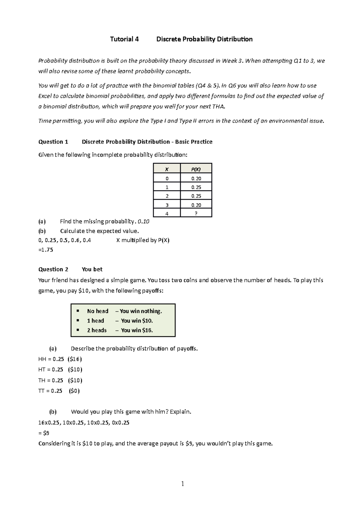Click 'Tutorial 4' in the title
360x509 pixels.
pos(124,39)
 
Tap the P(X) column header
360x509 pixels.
pos(196,169)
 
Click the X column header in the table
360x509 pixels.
pos(167,169)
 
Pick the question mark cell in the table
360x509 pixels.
pos(196,214)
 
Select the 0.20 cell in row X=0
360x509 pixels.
pos(196,178)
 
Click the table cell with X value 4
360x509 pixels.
pos(167,214)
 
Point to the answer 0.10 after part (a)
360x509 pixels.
pos(144,222)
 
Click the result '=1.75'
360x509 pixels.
pos(46,249)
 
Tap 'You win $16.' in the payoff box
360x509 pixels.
pos(137,330)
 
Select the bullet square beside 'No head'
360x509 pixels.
pos(78,311)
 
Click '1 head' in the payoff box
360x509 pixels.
pos(95,320)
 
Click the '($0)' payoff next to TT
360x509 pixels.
pos(74,391)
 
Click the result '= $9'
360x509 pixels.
pos(44,433)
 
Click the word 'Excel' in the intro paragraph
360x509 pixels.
pos(45,96)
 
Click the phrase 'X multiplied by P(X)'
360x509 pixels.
pos(142,240)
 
